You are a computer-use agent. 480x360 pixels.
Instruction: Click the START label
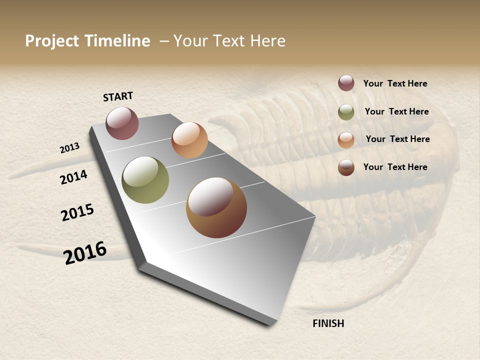[x=118, y=96]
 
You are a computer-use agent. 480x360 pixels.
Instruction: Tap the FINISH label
[x=328, y=323]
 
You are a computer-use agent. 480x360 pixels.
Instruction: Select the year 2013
[x=70, y=148]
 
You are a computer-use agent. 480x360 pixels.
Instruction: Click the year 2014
[x=73, y=177]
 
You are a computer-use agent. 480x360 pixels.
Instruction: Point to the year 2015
[x=77, y=213]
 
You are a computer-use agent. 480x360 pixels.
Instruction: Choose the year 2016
[x=85, y=253]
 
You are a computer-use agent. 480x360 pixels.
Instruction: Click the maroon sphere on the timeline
[x=122, y=123]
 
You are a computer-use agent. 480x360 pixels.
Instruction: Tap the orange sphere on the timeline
[x=189, y=140]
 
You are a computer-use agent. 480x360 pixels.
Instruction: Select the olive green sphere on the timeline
[x=145, y=180]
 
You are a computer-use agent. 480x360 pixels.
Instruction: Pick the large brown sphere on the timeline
[x=216, y=207]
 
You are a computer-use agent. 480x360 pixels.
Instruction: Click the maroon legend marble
[x=346, y=83]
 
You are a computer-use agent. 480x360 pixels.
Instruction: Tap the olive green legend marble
[x=346, y=112]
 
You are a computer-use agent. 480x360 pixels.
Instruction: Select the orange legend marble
[x=346, y=140]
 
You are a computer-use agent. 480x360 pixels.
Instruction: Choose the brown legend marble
[x=346, y=167]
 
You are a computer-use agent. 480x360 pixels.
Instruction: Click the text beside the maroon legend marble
[x=395, y=83]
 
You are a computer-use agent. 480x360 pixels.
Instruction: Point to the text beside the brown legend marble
[x=395, y=167]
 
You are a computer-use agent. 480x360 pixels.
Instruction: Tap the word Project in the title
[x=52, y=41]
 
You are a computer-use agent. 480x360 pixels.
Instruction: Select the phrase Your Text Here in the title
[x=229, y=41]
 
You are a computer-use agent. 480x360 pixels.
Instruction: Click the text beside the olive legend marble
[x=396, y=111]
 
